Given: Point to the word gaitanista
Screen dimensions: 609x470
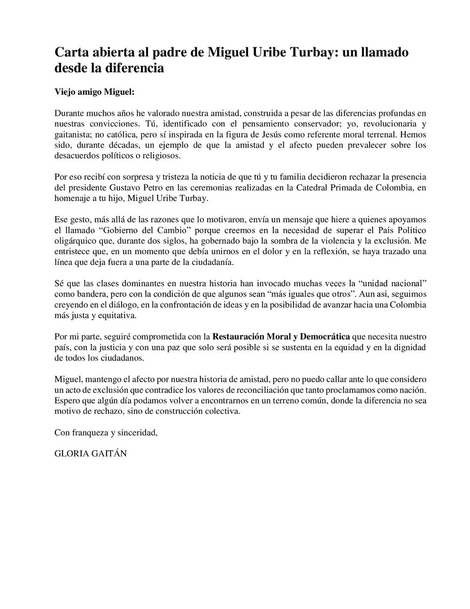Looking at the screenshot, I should pyautogui.click(x=72, y=133).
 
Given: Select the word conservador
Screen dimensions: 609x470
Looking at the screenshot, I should pyautogui.click(x=280, y=123).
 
